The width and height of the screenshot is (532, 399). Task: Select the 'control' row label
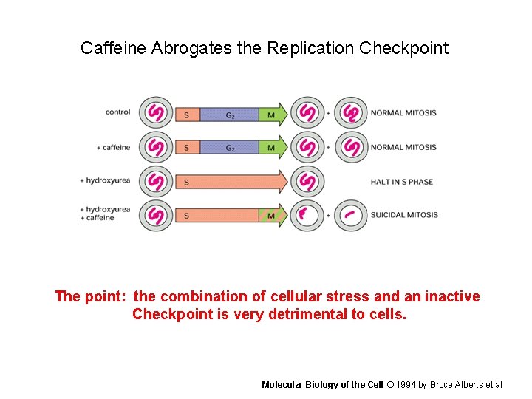tap(118, 112)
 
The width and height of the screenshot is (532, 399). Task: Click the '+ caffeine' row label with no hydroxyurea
tap(114, 147)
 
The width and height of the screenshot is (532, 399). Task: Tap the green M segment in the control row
tap(271, 114)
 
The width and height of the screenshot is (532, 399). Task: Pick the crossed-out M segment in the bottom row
tap(271, 216)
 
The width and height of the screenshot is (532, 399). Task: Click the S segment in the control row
tap(186, 114)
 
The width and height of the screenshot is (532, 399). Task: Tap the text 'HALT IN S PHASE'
tap(401, 182)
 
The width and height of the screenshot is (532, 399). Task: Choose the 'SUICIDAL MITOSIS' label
tap(404, 215)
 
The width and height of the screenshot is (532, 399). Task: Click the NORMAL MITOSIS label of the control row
tap(403, 113)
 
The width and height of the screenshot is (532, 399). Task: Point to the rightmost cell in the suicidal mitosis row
tap(351, 216)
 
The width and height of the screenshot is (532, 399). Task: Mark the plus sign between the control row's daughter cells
tap(328, 114)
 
